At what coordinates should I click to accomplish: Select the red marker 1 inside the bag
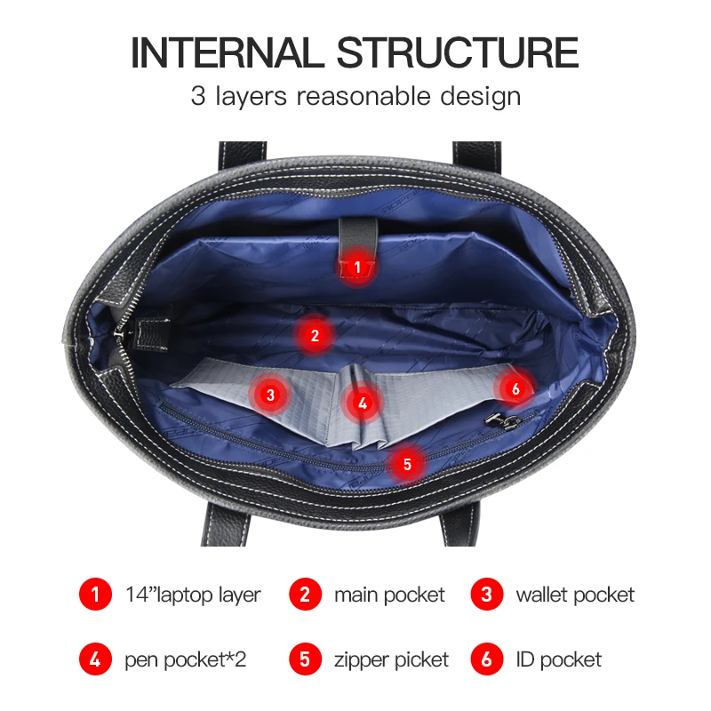[x=357, y=266]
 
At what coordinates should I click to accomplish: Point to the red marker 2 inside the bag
[x=314, y=335]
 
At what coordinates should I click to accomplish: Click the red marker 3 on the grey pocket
[x=271, y=394]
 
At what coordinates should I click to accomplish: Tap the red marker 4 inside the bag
[x=362, y=403]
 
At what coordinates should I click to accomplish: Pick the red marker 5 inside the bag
[x=407, y=463]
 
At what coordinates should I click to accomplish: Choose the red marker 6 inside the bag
[x=515, y=387]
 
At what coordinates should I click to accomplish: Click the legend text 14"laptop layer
[x=193, y=595]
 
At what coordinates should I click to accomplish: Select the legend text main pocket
[x=389, y=595]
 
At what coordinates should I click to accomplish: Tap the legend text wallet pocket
[x=575, y=595]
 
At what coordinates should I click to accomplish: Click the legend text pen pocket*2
[x=185, y=659]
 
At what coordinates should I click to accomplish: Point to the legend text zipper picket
[x=391, y=659]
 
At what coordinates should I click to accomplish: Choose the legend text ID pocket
[x=558, y=659]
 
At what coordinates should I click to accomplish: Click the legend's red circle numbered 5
[x=305, y=659]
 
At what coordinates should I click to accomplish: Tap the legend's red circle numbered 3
[x=486, y=595]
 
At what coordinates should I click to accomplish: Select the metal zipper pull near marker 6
[x=490, y=415]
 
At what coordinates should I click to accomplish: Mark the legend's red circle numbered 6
[x=486, y=659]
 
